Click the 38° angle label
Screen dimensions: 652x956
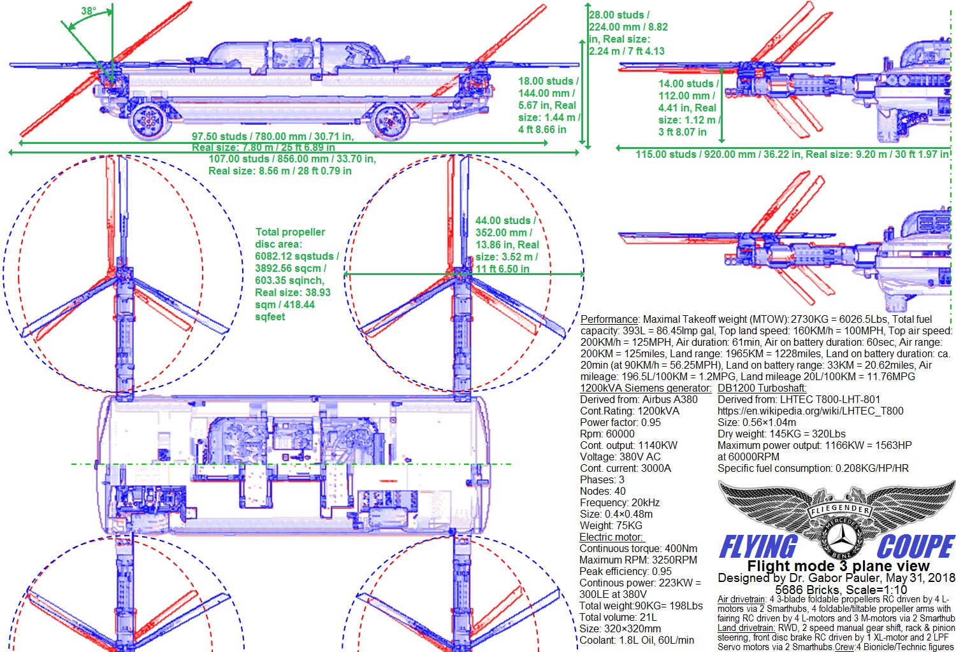[x=89, y=11]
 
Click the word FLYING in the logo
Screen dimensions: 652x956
[x=758, y=547]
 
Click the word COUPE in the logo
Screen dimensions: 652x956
[x=915, y=546]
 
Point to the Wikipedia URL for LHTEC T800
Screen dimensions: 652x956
[x=810, y=411]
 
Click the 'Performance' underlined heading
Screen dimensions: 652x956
[x=609, y=319]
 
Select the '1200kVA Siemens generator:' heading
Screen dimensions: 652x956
[x=645, y=388]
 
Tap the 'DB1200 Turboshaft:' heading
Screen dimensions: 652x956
[x=762, y=388]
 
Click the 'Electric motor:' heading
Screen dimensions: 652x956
[x=611, y=537]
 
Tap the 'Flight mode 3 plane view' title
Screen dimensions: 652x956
[x=837, y=566]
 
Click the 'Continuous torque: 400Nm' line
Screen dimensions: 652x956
[x=638, y=548]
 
